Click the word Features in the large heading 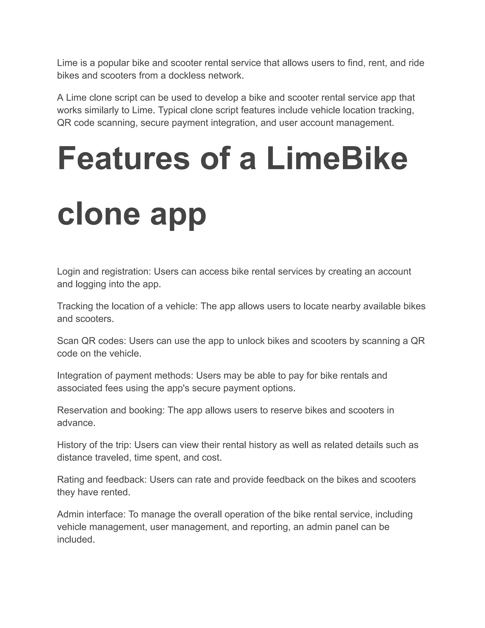[124, 159]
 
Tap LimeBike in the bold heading [337, 159]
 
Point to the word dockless [187, 75]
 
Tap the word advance [76, 423]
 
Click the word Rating [69, 480]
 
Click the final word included [76, 539]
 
